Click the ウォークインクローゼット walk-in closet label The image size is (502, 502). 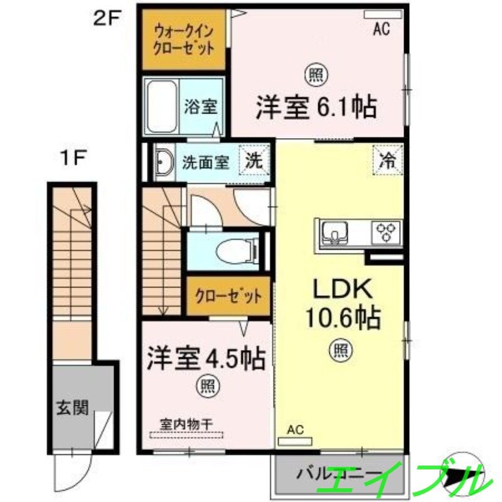pyautogui.click(x=184, y=39)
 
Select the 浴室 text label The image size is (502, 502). pyautogui.click(x=201, y=107)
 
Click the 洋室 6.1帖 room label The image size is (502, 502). pyautogui.click(x=316, y=107)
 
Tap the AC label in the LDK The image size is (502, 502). pyautogui.click(x=296, y=430)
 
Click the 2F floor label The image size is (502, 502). pyautogui.click(x=107, y=18)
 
